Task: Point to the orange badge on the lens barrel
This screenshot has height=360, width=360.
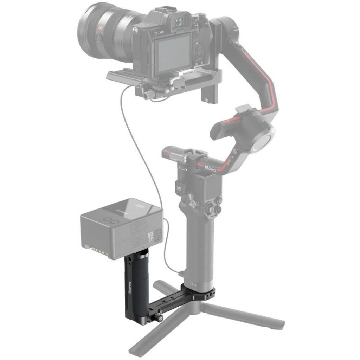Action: pyautogui.click(x=102, y=27)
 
